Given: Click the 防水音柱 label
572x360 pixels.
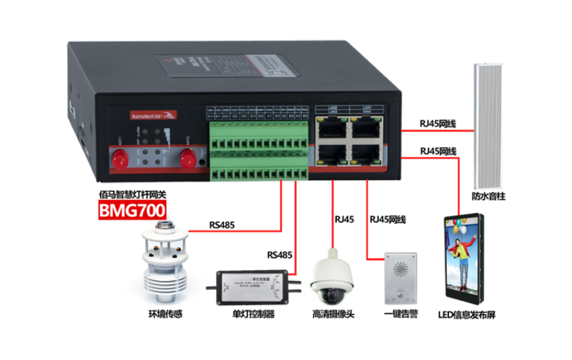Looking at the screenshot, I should coord(489,197).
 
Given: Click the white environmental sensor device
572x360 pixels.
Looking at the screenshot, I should coord(165,265).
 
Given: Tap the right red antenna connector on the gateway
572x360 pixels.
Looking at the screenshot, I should coord(186,159).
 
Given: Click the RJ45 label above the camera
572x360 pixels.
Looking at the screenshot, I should coord(344,220).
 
